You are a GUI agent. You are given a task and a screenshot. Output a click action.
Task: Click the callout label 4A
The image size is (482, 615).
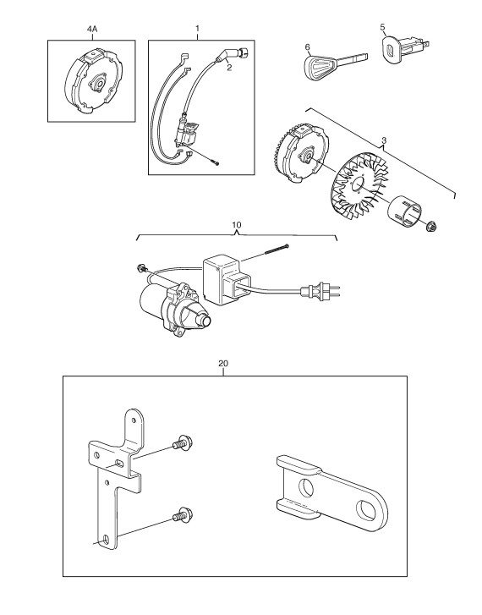(92, 29)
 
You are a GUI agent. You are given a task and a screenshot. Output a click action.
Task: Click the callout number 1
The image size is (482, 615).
(197, 28)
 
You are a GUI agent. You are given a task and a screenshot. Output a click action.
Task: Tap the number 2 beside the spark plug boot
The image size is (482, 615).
(229, 68)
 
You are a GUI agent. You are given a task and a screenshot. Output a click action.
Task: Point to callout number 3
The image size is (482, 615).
(384, 140)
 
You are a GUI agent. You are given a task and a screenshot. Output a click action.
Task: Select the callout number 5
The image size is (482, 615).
(383, 27)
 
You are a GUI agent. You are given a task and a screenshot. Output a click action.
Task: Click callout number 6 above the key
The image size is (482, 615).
(308, 47)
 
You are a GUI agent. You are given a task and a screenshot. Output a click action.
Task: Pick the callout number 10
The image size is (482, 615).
(237, 225)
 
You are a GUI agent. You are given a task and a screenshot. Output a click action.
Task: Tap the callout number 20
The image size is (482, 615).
(222, 364)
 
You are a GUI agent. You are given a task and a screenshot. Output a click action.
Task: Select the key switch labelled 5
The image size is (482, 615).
(404, 48)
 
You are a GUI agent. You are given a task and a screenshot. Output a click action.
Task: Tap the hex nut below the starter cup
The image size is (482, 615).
(432, 227)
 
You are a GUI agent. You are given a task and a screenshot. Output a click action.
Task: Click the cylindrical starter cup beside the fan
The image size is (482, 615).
(405, 211)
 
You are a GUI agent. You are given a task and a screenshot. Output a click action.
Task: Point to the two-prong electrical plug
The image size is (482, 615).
(320, 291)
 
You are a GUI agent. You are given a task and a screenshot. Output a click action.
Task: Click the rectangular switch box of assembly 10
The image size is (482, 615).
(227, 279)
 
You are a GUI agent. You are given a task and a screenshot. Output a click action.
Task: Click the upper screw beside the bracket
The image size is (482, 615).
(182, 442)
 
